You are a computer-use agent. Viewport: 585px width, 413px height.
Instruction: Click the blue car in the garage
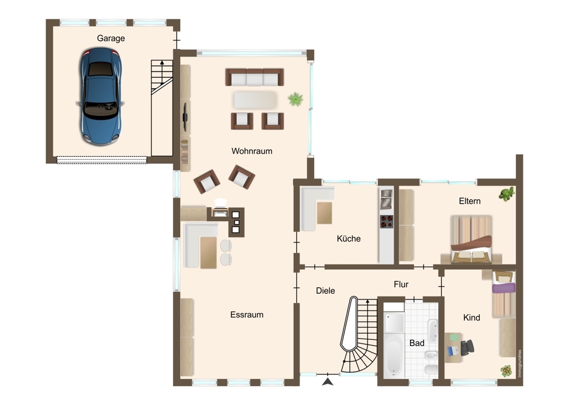[100, 96]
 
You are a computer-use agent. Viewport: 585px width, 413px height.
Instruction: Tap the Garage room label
[111, 39]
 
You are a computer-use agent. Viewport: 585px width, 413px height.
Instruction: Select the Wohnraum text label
[252, 151]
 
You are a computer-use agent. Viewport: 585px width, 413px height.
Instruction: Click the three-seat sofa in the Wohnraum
[254, 77]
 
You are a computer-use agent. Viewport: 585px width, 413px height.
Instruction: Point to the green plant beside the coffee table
[295, 99]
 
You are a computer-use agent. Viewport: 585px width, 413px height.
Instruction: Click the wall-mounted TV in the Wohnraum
[185, 117]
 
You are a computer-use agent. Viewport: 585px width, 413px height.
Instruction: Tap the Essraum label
[247, 315]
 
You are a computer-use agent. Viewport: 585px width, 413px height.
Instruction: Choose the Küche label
[349, 239]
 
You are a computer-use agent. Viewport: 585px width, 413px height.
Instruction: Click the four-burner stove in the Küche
[387, 222]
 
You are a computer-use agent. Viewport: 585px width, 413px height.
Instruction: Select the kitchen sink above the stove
[386, 199]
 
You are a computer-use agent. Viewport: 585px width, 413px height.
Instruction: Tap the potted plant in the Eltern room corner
[507, 194]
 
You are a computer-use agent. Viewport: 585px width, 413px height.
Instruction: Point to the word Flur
[401, 284]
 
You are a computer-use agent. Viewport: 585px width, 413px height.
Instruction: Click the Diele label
[325, 291]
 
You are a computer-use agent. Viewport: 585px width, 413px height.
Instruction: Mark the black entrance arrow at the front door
[328, 381]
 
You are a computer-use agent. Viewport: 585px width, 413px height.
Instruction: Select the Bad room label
[417, 343]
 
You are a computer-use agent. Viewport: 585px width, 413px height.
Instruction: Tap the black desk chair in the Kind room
[467, 347]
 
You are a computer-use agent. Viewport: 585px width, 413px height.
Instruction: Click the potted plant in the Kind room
[506, 370]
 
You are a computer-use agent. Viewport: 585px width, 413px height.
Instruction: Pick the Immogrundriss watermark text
[519, 363]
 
